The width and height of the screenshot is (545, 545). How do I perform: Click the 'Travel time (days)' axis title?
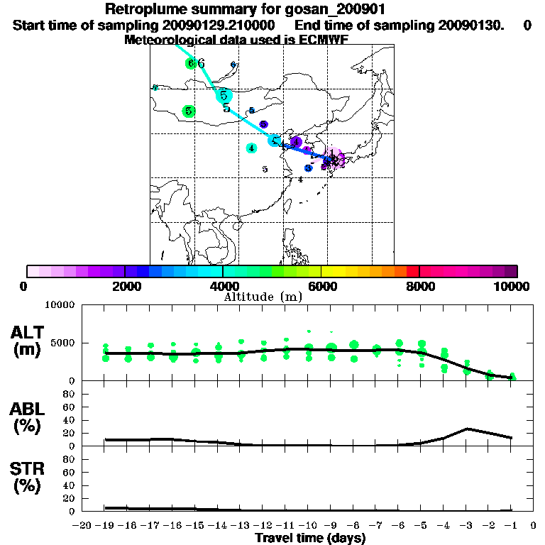coord(310,539)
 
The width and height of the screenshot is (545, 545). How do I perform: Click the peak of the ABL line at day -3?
coord(467,429)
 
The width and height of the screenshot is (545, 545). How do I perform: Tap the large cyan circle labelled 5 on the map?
coord(224,94)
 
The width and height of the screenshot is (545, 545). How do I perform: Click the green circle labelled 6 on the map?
coord(190,63)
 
